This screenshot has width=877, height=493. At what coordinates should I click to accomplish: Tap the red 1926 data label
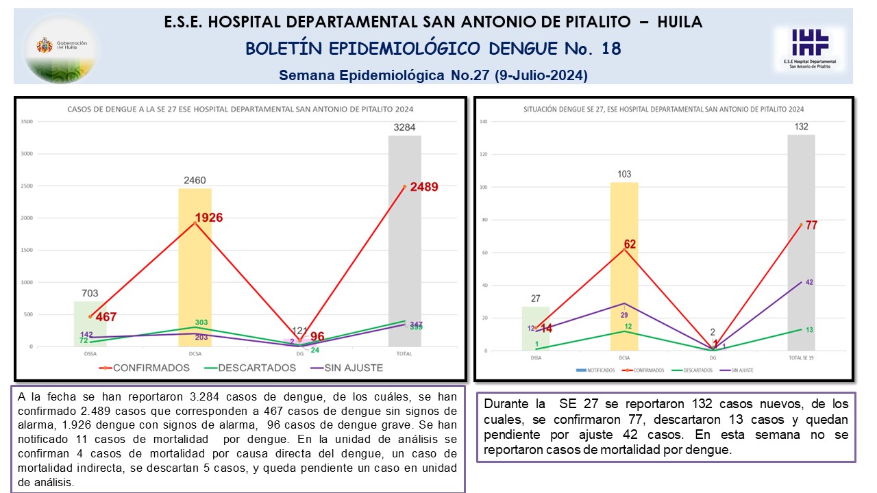208,218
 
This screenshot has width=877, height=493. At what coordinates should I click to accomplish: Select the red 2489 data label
423,186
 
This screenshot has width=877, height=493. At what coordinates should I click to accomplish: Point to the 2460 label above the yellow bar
195,181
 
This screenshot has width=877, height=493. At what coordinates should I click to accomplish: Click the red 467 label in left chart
106,317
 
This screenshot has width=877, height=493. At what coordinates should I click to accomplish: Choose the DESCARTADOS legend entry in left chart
257,368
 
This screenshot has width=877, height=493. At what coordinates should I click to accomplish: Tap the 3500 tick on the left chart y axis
27,122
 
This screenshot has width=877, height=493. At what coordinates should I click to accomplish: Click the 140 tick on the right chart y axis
482,122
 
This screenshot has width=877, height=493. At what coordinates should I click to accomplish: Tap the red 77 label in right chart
811,225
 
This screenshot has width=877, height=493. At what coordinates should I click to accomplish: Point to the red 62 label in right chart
630,244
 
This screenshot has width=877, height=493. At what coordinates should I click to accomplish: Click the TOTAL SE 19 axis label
800,358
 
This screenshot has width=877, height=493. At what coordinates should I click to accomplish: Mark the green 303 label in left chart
201,323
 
